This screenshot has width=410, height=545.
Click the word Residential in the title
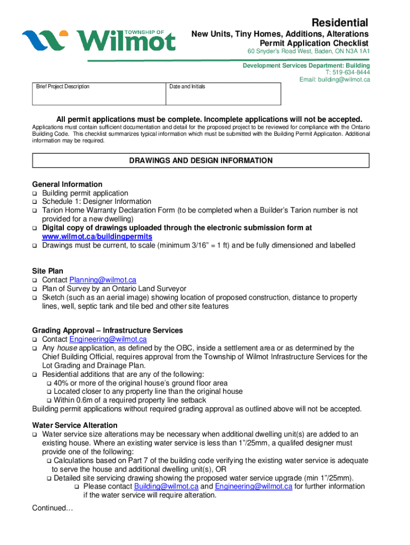[x=339, y=22]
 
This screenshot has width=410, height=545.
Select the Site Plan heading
[x=48, y=271]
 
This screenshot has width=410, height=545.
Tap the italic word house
[x=67, y=348]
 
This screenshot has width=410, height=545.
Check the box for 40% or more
[x=50, y=383]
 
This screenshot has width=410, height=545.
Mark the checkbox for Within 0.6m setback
[x=50, y=400]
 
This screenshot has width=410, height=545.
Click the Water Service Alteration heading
[x=75, y=425]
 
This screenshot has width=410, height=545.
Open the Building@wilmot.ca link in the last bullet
[x=166, y=486]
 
